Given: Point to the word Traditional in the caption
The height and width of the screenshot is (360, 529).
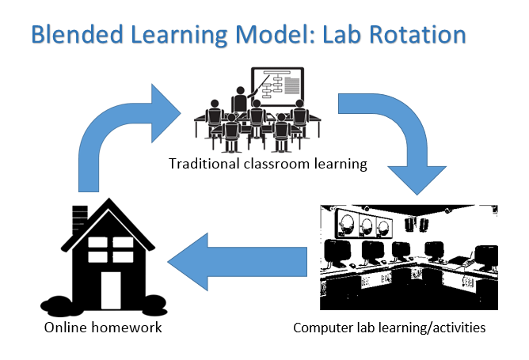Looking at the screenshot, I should pos(202,165).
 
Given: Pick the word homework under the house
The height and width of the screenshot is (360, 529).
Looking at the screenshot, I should pos(127,327).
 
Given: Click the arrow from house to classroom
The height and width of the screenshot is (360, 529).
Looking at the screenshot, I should pos(119,135).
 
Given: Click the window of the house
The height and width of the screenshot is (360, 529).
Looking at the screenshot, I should pos(111,250).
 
